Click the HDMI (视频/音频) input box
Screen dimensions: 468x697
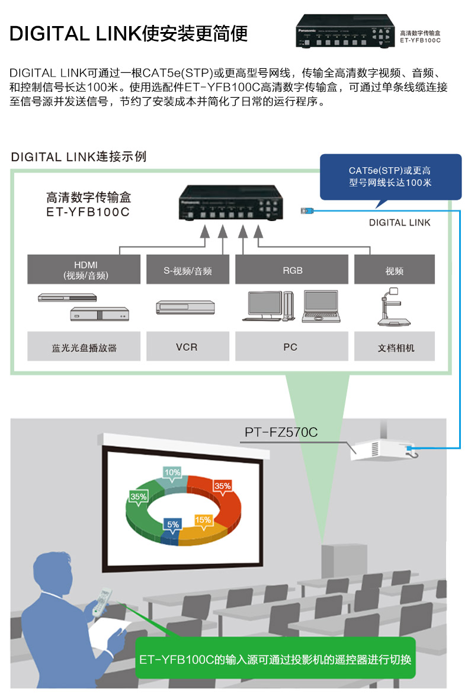tap(84, 269)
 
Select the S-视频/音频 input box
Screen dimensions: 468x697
tap(188, 269)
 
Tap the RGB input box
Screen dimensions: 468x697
tap(291, 269)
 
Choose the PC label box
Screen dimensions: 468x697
tap(291, 346)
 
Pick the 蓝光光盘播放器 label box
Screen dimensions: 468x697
tap(84, 346)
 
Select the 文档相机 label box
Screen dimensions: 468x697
tap(394, 346)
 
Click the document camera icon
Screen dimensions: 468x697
tap(393, 307)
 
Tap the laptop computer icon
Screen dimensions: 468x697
tap(321, 307)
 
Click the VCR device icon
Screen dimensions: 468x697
tap(185, 308)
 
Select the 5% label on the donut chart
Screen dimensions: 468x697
tap(173, 525)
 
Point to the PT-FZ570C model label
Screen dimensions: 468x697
tap(281, 432)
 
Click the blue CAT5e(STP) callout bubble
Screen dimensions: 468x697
tap(390, 178)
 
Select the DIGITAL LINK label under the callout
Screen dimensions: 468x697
tap(399, 223)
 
